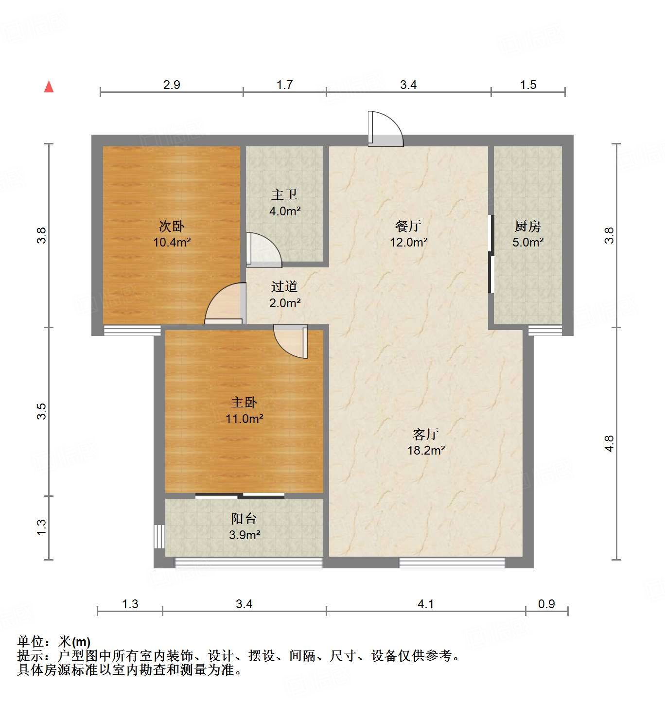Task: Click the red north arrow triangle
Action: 49,87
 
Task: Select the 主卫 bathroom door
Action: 262,250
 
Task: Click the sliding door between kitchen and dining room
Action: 491,254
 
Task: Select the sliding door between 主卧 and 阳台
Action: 240,496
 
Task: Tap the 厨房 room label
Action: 527,226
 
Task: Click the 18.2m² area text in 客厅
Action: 426,451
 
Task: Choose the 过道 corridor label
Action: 284,286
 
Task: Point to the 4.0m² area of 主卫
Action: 285,211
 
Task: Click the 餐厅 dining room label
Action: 408,226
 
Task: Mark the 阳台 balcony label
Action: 244,519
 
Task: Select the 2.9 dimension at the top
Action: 172,85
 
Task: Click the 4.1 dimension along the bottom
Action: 425,604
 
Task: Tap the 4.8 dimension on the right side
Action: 609,443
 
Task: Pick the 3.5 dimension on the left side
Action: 42,411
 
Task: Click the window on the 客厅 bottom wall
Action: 452,562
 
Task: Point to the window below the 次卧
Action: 132,330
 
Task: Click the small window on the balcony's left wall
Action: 159,536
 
